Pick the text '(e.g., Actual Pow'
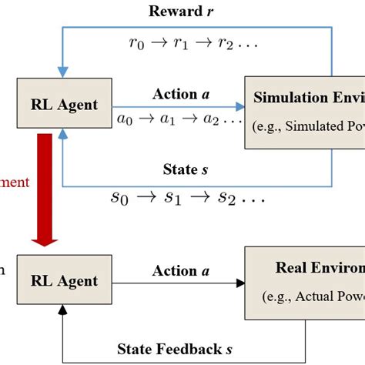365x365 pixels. coord(316,295)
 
